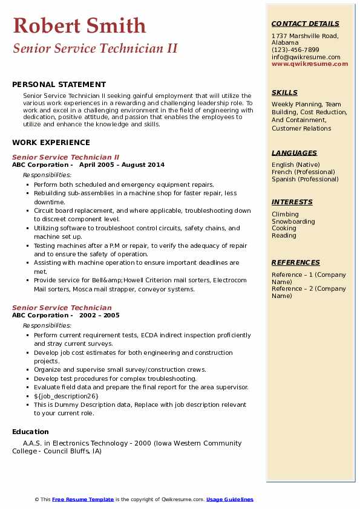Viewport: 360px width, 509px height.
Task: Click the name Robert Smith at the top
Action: point(79,25)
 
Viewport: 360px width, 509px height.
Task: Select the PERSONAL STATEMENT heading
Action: point(59,85)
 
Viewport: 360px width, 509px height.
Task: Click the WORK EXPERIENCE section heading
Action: point(51,143)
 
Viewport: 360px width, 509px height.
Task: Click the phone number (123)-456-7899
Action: point(295,50)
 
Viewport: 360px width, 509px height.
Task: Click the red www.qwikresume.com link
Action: point(306,64)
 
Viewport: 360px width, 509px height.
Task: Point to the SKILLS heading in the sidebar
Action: point(284,93)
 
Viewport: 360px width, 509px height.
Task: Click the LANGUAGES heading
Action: point(294,154)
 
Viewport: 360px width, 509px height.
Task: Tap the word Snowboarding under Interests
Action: point(293,221)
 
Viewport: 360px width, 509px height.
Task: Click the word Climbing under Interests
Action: point(285,214)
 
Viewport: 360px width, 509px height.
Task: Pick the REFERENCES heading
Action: point(296,262)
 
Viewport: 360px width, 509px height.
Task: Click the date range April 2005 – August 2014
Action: point(122,164)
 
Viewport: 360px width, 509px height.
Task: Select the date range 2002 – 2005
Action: point(99,315)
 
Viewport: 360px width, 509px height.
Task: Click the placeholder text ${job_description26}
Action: point(66,396)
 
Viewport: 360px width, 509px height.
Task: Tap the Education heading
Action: point(30,432)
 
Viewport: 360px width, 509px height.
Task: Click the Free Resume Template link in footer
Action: point(83,499)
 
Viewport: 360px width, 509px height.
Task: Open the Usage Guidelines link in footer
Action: point(229,499)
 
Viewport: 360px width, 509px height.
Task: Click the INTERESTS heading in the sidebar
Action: point(292,202)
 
